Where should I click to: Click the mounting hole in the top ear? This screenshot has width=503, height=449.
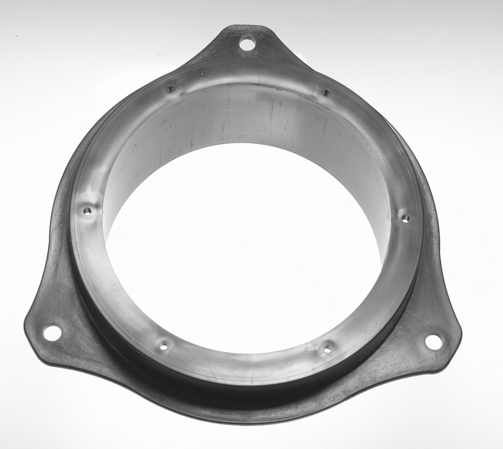click(x=247, y=43)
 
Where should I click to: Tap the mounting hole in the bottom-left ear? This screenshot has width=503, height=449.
click(x=52, y=332)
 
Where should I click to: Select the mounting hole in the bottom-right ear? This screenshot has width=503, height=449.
click(x=433, y=341)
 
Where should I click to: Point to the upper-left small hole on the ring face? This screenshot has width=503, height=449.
click(x=171, y=89)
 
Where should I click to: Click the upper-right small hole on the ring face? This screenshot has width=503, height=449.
click(x=325, y=93)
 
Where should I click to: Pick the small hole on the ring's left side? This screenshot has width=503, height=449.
click(x=87, y=211)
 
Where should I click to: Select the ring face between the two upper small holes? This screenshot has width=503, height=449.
click(x=248, y=79)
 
